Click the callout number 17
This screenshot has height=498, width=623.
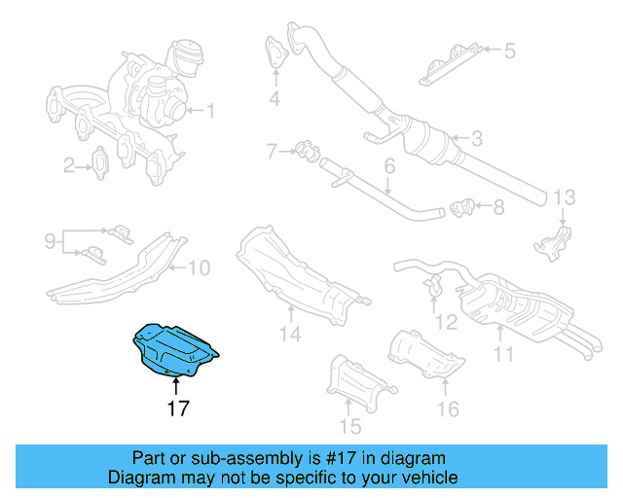point(177,409)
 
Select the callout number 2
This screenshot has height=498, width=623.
point(69,166)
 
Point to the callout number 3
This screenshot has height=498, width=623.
point(476,138)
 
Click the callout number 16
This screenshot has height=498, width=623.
point(447,409)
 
